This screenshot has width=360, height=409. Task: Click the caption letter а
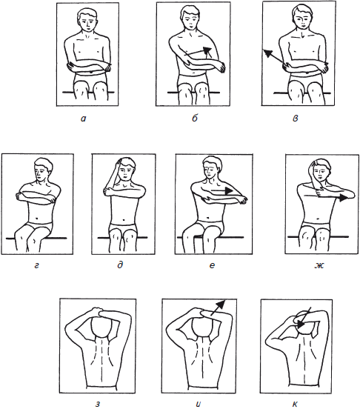pos(83,119)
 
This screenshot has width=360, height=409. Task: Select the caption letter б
pos(195,118)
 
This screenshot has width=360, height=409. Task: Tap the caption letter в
pos(295,119)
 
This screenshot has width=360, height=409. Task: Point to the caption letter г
pos(36,265)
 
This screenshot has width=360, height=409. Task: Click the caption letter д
pos(120,265)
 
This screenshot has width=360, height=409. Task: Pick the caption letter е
pos(212,265)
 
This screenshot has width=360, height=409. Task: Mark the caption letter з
pos(98,405)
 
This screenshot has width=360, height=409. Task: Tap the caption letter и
pos(199,404)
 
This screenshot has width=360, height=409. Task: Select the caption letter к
pos(295,404)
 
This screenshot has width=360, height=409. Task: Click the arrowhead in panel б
pos(207,51)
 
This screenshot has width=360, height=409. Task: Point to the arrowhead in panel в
pos(267,53)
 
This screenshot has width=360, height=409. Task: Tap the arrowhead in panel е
pos(229,191)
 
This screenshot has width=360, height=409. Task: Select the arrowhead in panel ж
pos(343,197)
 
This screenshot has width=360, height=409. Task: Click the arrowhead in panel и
pos(221,304)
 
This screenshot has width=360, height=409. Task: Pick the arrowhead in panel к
pos(300,325)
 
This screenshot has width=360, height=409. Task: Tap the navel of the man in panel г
pos(37,218)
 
